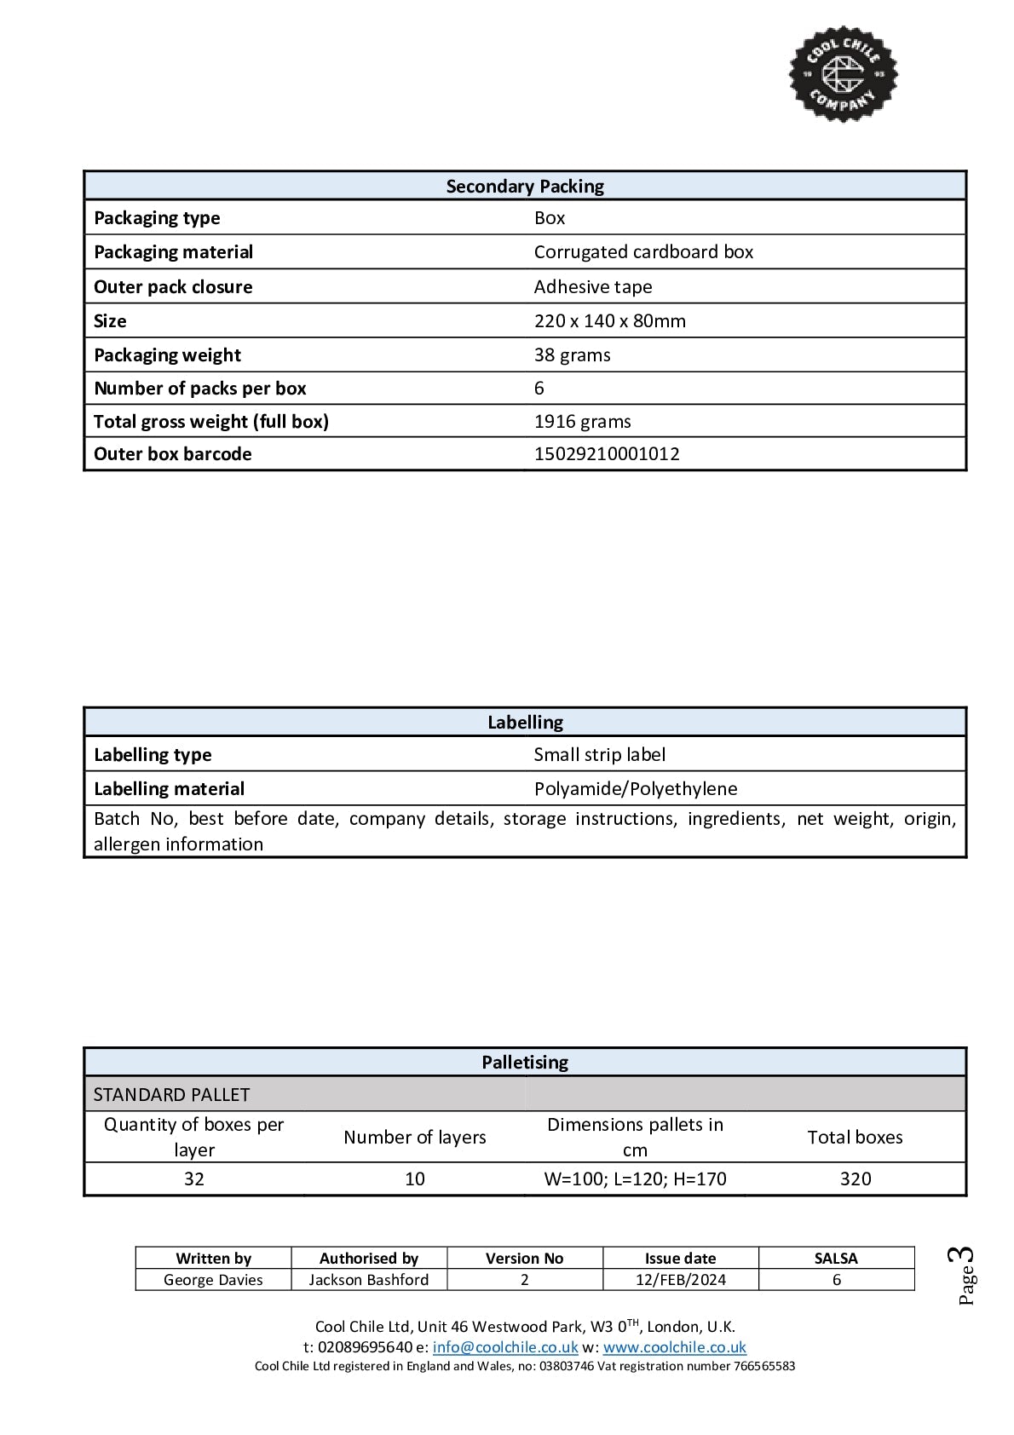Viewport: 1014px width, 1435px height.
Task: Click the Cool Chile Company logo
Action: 843,73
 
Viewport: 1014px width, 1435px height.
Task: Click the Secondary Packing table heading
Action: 525,187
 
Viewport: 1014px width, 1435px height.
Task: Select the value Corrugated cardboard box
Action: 643,252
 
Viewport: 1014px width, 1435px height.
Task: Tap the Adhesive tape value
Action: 593,287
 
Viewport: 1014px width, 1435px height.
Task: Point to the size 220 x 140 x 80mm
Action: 609,321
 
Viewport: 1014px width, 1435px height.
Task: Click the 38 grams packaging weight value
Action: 572,355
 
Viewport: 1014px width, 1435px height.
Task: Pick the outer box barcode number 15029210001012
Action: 607,454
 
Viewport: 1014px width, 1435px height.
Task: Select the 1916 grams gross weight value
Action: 582,422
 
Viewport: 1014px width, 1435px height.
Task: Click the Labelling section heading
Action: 525,723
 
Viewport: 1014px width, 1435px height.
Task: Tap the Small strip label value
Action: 599,755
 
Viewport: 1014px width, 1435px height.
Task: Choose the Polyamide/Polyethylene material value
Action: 636,789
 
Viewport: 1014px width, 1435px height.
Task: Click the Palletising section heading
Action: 525,1063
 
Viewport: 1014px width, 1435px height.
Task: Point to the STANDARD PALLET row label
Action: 171,1095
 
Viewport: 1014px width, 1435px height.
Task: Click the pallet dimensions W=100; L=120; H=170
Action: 635,1179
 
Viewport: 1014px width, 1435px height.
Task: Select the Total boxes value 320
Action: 855,1179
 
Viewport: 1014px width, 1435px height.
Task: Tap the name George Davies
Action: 213,1280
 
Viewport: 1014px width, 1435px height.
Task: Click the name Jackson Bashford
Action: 369,1280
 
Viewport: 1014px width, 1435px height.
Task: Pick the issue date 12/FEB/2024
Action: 680,1280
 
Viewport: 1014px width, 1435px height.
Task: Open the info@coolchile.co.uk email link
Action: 505,1348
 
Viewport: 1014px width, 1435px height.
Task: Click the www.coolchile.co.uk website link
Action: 674,1348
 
